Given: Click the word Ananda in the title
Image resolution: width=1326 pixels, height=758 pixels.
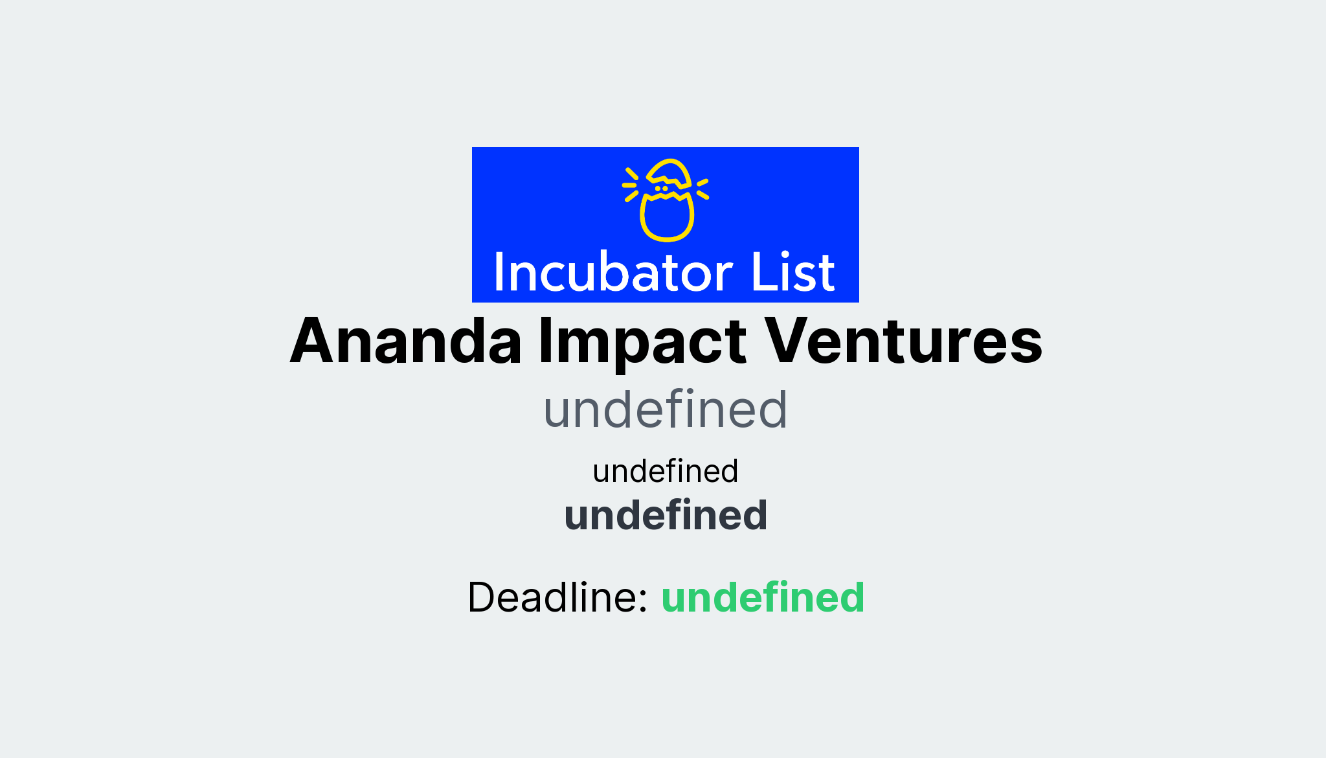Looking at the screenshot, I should click(x=406, y=341).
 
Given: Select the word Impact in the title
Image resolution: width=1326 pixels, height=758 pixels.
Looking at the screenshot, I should click(x=642, y=341).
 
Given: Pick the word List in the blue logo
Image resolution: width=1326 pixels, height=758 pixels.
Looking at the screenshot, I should click(x=792, y=273).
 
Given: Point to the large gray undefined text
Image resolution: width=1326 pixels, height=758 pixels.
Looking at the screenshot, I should click(x=665, y=410).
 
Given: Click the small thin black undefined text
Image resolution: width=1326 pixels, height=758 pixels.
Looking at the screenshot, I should click(x=665, y=471).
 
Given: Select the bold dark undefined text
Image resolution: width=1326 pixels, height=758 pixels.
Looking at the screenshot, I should click(x=666, y=516).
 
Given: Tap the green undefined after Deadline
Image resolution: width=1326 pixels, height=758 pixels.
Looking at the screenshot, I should click(x=763, y=597).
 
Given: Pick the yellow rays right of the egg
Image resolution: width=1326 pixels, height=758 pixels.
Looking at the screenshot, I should click(x=702, y=189).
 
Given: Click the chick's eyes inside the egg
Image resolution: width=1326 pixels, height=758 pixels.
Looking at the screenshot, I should click(x=661, y=189).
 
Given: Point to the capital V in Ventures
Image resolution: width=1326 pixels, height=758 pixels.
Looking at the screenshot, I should click(x=789, y=341).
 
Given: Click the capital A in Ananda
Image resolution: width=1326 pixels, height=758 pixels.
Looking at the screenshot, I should click(x=315, y=341).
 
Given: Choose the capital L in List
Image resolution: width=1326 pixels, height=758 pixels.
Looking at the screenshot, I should click(x=761, y=271).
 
